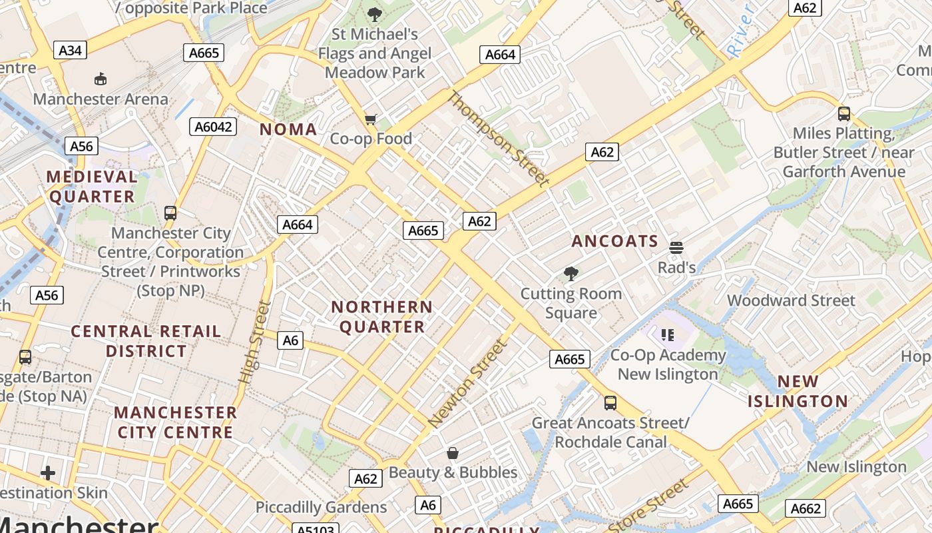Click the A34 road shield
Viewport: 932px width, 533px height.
click(x=70, y=50)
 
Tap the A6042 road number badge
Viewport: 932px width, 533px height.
click(x=213, y=127)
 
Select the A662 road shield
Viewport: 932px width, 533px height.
click(x=806, y=508)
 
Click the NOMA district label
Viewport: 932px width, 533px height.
click(x=288, y=129)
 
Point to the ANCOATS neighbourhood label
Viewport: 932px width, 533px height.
click(x=614, y=241)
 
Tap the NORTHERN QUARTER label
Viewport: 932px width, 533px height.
click(x=381, y=316)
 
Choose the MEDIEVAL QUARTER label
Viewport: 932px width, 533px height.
click(x=92, y=187)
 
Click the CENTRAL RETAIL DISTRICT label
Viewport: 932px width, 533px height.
click(x=146, y=340)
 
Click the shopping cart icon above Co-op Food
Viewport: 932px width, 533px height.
click(x=371, y=119)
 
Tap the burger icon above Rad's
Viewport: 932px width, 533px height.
click(x=676, y=248)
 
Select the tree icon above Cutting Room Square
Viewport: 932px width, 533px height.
click(x=571, y=273)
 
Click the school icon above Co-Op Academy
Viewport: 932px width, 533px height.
click(x=668, y=334)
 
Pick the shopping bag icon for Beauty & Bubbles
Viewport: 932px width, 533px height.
click(x=453, y=453)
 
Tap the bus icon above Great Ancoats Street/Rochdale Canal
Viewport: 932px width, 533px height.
click(x=610, y=402)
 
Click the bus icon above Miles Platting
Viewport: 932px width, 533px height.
click(x=843, y=114)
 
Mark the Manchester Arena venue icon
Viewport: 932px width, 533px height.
click(x=100, y=79)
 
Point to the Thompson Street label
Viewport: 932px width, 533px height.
click(x=499, y=139)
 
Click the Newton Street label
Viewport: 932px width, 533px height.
click(x=467, y=384)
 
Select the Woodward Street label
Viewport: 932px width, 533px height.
click(x=791, y=300)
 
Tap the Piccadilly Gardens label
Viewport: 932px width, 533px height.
click(x=321, y=507)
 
